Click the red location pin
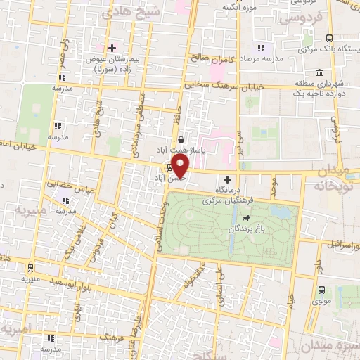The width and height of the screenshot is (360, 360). pos(180,167)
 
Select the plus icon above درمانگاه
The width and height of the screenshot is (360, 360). pos(226,179)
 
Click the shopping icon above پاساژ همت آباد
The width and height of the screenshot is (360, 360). pos(181,139)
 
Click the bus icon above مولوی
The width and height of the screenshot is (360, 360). pos(321,290)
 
